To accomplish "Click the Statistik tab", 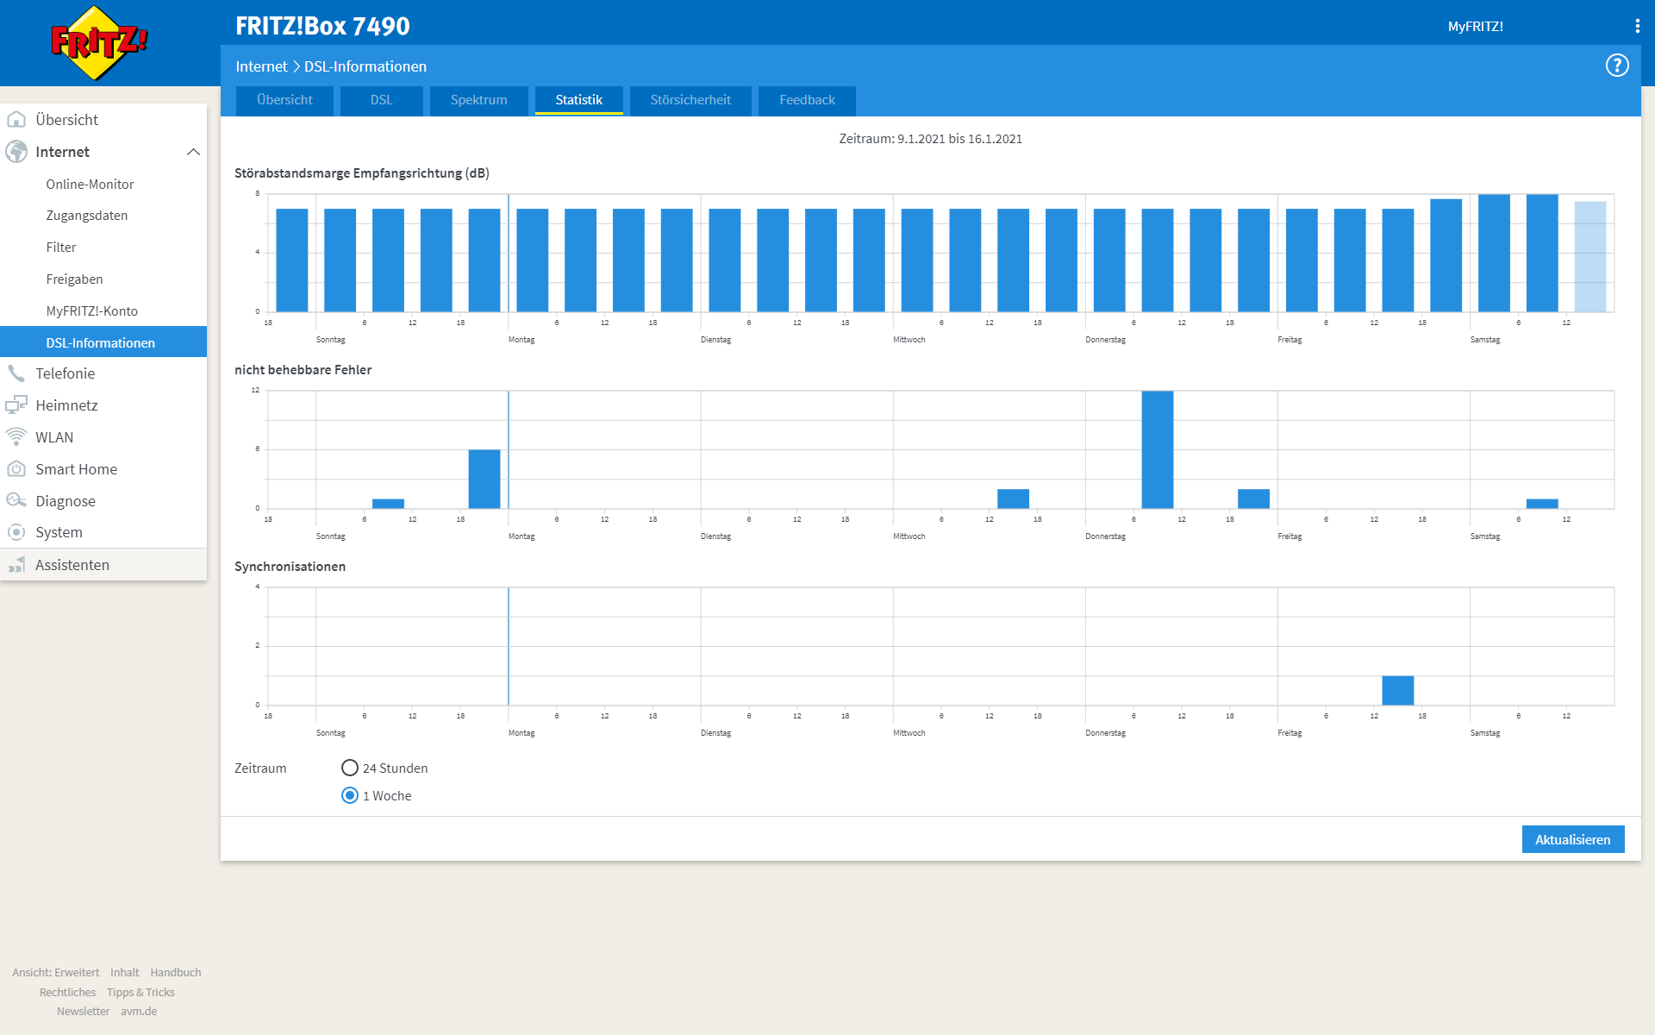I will pyautogui.click(x=578, y=100).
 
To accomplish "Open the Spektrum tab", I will pyautogui.click(x=478, y=100).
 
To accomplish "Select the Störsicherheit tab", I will pyautogui.click(x=690, y=100).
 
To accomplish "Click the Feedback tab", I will pyautogui.click(x=807, y=100).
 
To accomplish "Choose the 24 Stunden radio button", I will pyautogui.click(x=350, y=768).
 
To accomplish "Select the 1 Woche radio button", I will pyautogui.click(x=350, y=795).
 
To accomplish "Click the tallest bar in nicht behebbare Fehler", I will pyautogui.click(x=1157, y=449).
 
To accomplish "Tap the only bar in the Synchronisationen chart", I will pyautogui.click(x=1397, y=690).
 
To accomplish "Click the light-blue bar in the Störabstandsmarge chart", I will pyautogui.click(x=1589, y=256).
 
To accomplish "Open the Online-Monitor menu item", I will pyautogui.click(x=90, y=184).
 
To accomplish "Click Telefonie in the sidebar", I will pyautogui.click(x=65, y=373).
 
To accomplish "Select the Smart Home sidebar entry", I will pyautogui.click(x=76, y=469).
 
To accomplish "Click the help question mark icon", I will pyautogui.click(x=1617, y=66).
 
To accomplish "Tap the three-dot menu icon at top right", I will pyautogui.click(x=1637, y=26).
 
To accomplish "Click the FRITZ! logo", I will pyautogui.click(x=98, y=42).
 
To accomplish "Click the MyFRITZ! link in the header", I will pyautogui.click(x=1475, y=27).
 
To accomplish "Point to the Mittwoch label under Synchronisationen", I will pyautogui.click(x=909, y=733).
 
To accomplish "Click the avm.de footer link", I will pyautogui.click(x=139, y=1011).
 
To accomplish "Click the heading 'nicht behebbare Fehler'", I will pyautogui.click(x=303, y=369).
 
